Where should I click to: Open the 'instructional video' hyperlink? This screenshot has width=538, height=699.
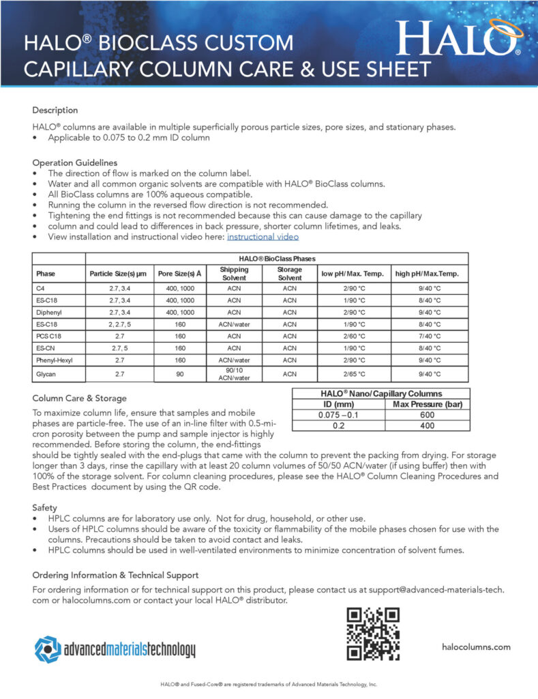pos(263,237)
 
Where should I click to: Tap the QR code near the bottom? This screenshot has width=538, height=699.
pos(372,634)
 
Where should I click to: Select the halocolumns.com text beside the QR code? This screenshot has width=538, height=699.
pos(476,646)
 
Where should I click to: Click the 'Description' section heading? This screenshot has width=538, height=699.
pos(55,110)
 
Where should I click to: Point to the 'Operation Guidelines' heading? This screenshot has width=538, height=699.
pos(74,163)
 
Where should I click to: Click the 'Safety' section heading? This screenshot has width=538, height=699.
pos(46,508)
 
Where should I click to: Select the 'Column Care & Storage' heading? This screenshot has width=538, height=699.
pos(79,398)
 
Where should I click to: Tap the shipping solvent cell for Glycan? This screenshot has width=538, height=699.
pos(234,374)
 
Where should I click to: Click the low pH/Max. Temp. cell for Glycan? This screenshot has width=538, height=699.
pos(353,374)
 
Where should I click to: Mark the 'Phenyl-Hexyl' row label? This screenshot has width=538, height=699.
pos(55,360)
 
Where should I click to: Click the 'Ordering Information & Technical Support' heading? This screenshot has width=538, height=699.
pos(115,575)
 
